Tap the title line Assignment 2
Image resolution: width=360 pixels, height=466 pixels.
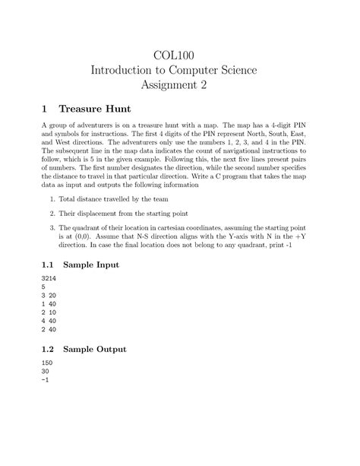click(x=179, y=86)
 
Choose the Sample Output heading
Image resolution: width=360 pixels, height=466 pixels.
click(x=105, y=349)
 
